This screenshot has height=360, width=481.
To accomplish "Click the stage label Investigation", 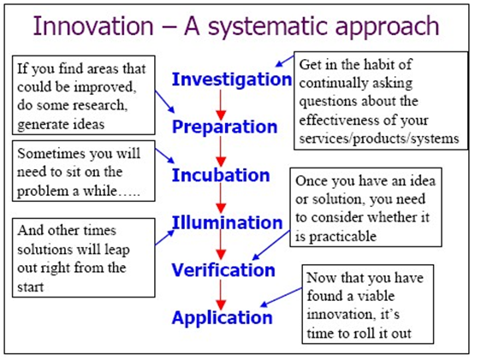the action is [232, 80].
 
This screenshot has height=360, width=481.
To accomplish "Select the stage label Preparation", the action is [224, 127].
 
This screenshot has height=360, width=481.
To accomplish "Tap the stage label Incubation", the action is [221, 175].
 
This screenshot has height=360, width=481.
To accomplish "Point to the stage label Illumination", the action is [227, 222].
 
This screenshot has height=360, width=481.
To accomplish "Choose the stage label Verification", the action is [223, 270].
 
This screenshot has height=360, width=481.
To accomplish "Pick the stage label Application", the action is [222, 318].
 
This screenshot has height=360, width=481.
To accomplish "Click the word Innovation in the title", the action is [93, 26].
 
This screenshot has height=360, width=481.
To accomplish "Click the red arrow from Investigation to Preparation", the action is [221, 105].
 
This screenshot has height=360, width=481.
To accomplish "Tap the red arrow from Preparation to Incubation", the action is [221, 151].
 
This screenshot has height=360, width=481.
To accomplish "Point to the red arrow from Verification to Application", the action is [221, 295].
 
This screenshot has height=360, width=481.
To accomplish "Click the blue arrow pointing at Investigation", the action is [285, 61].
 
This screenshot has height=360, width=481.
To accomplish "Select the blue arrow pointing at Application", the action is [282, 297].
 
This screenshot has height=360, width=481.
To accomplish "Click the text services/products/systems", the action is [379, 139].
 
